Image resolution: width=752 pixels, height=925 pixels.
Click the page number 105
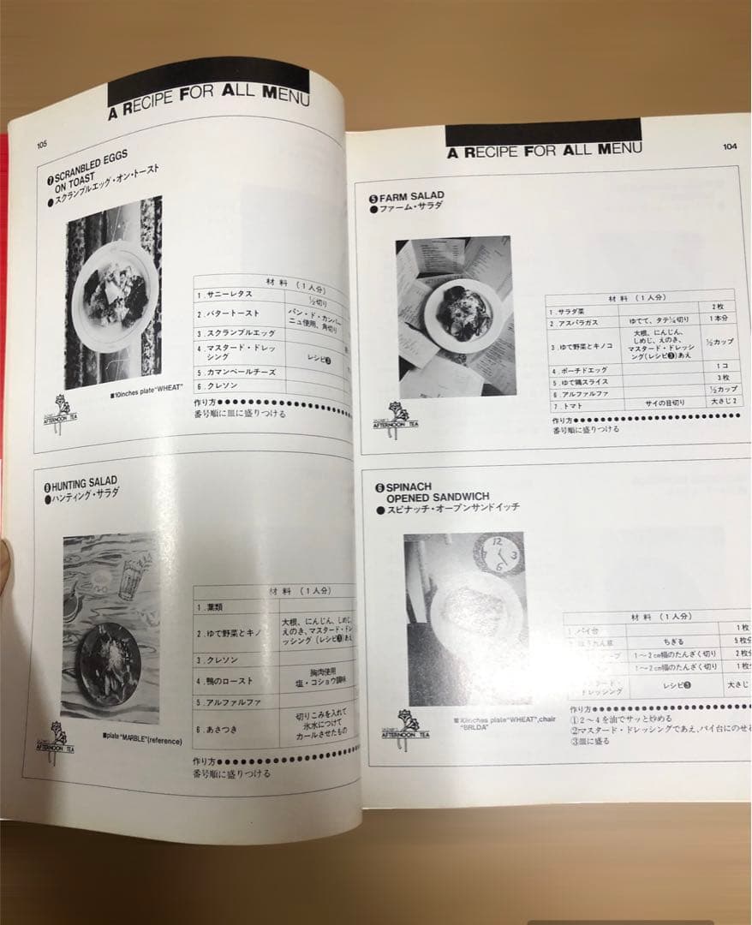[42, 145]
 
